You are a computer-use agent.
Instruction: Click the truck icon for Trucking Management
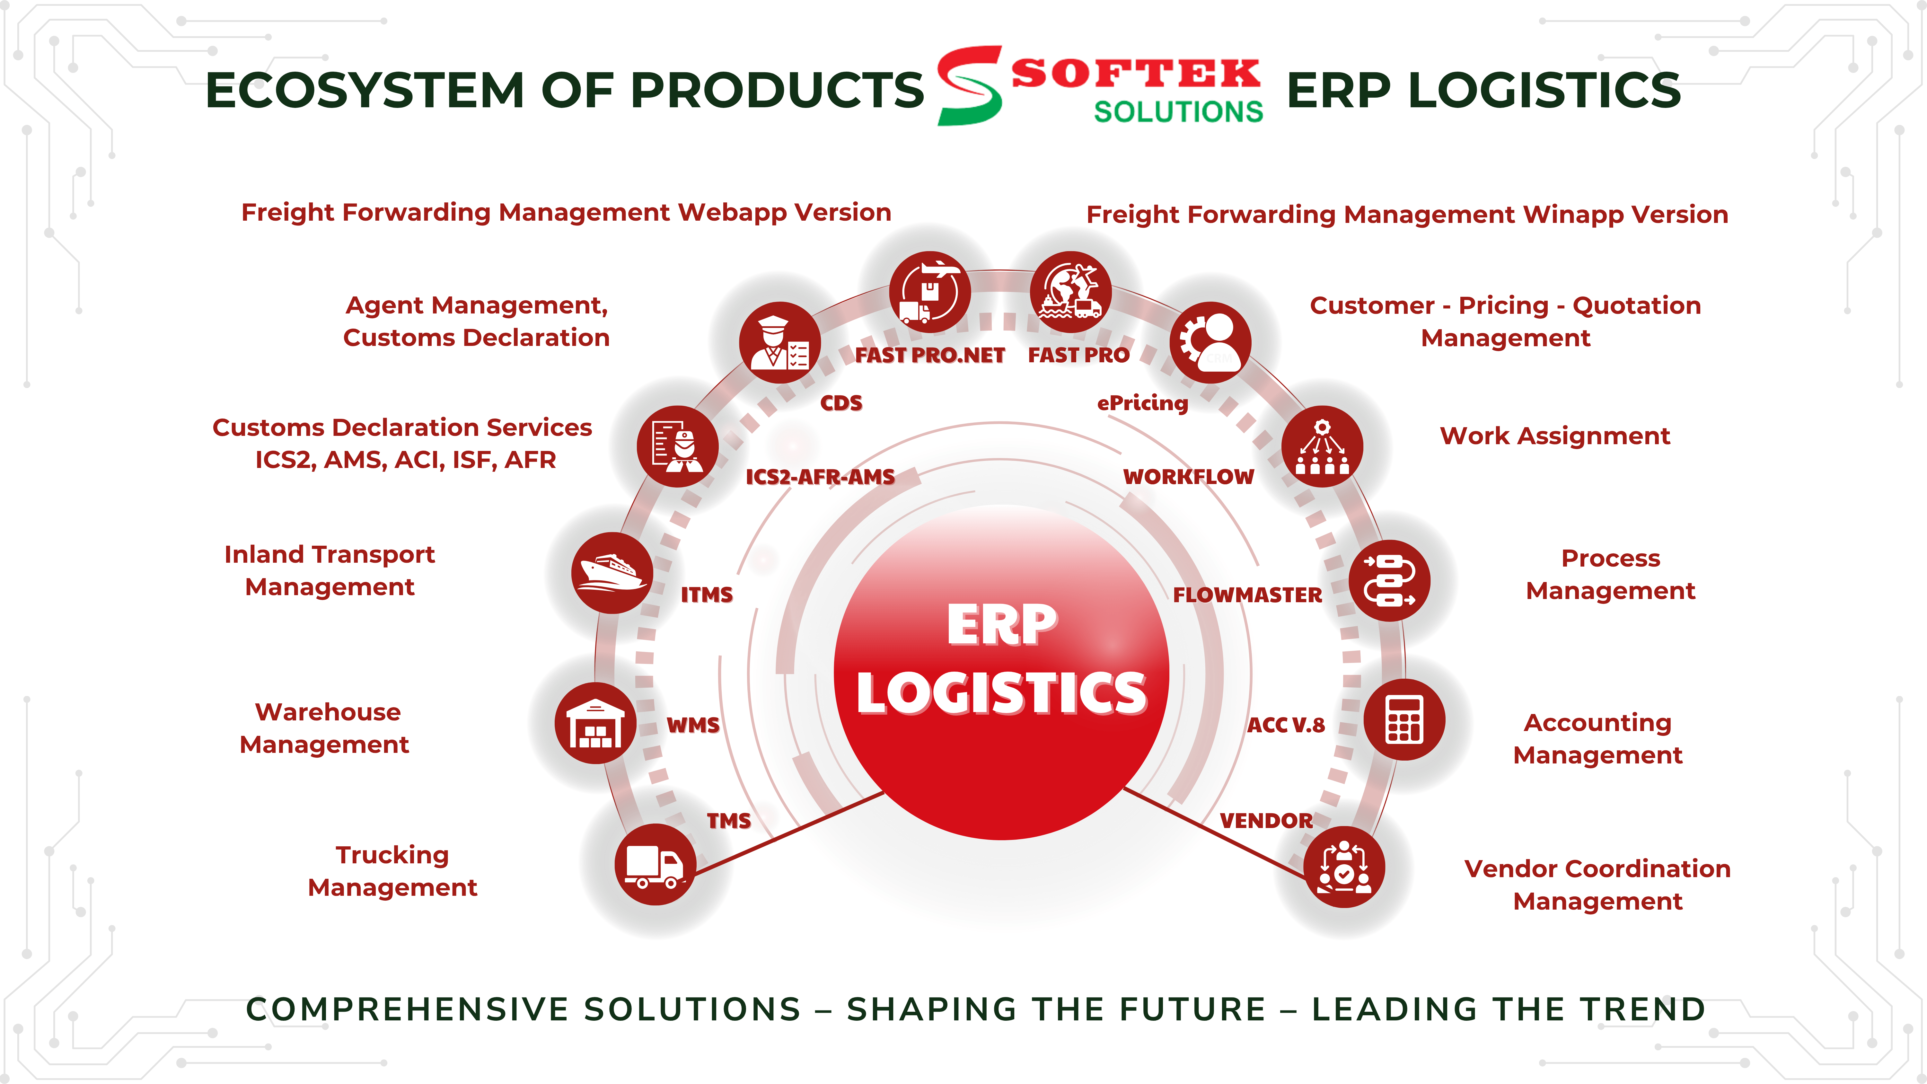tap(655, 865)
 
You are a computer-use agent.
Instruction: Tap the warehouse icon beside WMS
tap(595, 723)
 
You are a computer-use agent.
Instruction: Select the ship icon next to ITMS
tap(612, 573)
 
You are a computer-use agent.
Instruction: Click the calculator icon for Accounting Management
tap(1404, 720)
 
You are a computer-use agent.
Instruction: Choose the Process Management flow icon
tap(1389, 580)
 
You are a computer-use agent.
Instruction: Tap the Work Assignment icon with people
tap(1322, 447)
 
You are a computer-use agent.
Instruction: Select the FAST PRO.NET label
tap(930, 355)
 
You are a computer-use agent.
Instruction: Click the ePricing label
tap(1142, 403)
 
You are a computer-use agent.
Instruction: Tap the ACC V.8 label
tap(1286, 725)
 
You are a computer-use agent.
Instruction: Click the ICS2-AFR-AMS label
tap(820, 477)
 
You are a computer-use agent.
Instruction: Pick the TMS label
tap(729, 821)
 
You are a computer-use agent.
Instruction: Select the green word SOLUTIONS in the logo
tap(1178, 111)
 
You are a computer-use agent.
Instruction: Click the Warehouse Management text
tap(325, 728)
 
